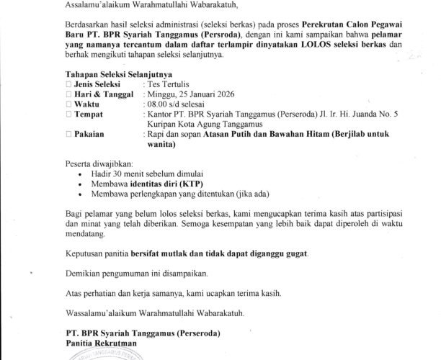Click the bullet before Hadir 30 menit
tap(79, 174)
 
